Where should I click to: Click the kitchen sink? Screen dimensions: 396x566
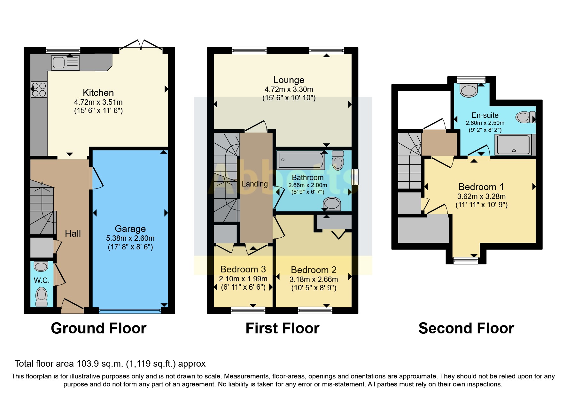click(x=65, y=63)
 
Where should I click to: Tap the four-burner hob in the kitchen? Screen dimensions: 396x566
click(x=39, y=89)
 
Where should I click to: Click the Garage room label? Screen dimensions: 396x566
click(x=130, y=229)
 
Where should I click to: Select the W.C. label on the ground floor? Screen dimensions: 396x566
click(x=42, y=280)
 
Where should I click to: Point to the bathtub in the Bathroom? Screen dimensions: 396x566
click(x=301, y=160)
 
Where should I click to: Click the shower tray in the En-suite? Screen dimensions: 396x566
click(x=513, y=145)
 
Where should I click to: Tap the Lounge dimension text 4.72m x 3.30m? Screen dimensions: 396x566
click(x=289, y=89)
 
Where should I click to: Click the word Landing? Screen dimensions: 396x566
click(x=254, y=184)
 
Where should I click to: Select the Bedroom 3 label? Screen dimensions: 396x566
click(x=243, y=269)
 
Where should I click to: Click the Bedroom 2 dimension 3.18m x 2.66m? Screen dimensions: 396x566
click(x=314, y=279)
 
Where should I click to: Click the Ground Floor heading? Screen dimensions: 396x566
click(x=98, y=328)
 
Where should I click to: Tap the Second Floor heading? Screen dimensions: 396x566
click(x=466, y=328)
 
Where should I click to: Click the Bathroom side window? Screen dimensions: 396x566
click(x=354, y=177)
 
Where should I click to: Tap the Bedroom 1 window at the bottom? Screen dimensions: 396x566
click(x=466, y=261)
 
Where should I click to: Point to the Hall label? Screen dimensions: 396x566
click(x=73, y=233)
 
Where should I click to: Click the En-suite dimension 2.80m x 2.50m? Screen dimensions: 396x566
click(x=485, y=123)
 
